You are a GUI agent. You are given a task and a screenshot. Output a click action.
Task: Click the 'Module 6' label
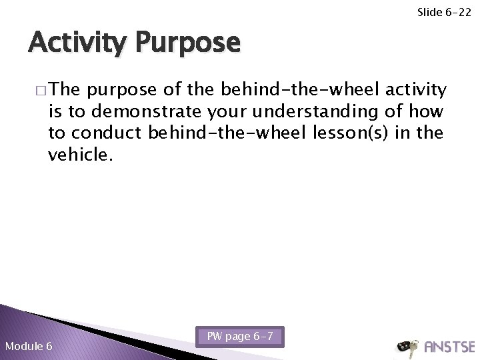click(x=29, y=346)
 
